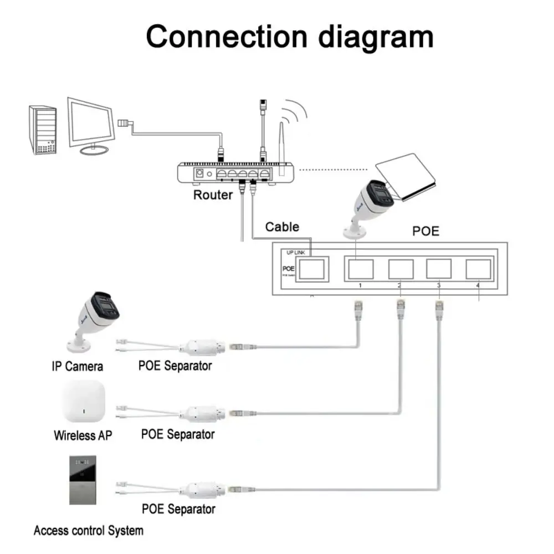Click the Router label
coord(213,195)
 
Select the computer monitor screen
coord(91,123)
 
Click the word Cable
coord(282,227)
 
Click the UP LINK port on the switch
coord(310,269)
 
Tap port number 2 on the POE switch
coord(401,269)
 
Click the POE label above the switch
coord(426,231)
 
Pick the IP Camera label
coord(78,366)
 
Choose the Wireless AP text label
coord(83,435)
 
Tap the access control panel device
coord(83,480)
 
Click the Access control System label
coord(89,531)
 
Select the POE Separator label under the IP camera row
coord(175,366)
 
